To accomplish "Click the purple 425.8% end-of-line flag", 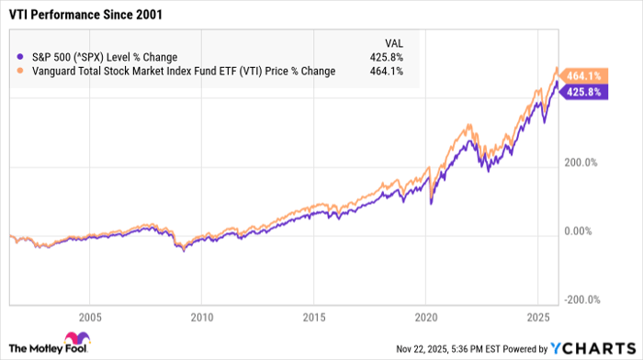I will pyautogui.click(x=585, y=93).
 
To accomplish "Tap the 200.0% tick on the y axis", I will pyautogui.click(x=581, y=163).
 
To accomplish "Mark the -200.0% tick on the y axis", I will pyautogui.click(x=581, y=299).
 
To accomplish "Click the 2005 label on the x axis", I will pyautogui.click(x=89, y=320).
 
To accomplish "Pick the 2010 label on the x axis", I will pyautogui.click(x=201, y=320).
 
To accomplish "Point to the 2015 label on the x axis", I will pyautogui.click(x=313, y=320).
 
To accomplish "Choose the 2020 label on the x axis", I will pyautogui.click(x=425, y=320).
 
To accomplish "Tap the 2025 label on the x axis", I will pyautogui.click(x=537, y=320).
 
